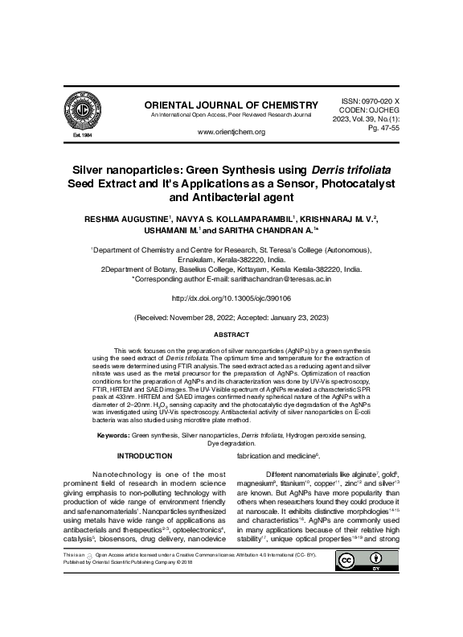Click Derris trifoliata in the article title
point(350,169)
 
